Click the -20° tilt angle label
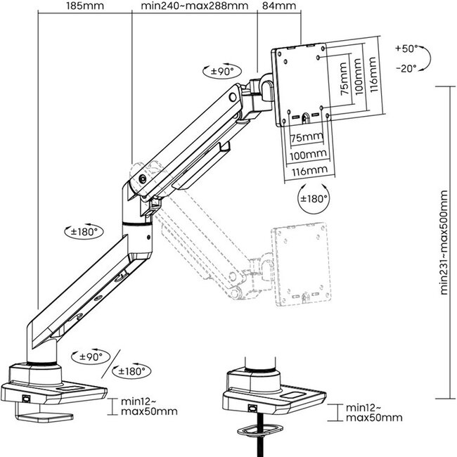pyautogui.click(x=406, y=67)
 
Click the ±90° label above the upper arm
pyautogui.click(x=226, y=71)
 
